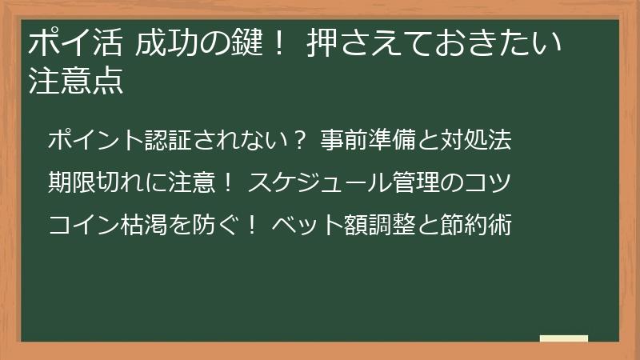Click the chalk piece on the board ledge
(x=564, y=338)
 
